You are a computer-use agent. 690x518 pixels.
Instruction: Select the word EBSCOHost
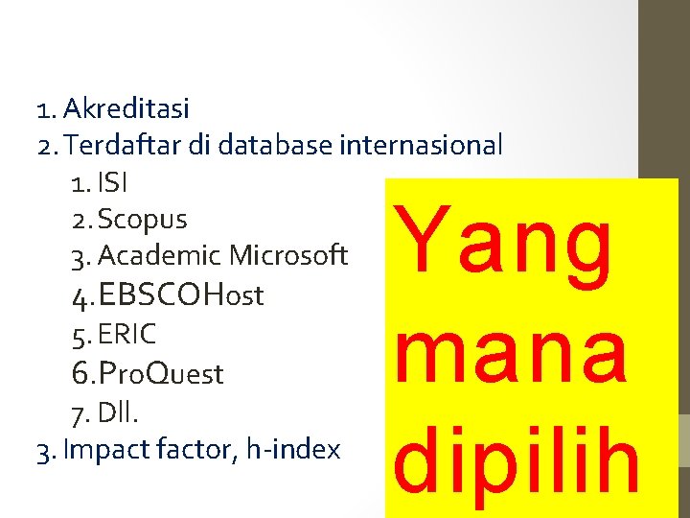tap(180, 294)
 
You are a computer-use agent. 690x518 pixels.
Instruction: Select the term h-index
tap(292, 449)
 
